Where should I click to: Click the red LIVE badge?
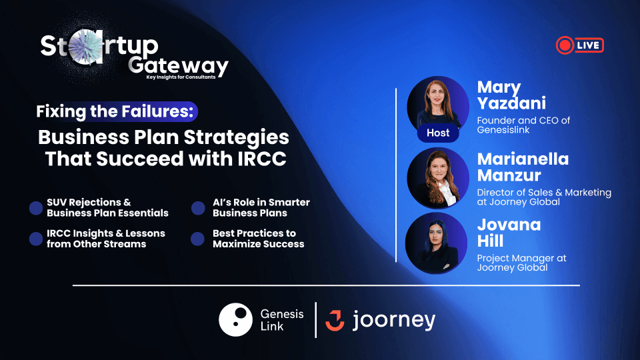[579, 45]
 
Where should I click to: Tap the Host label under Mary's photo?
[438, 133]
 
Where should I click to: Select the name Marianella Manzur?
[522, 167]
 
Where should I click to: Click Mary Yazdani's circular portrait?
[438, 103]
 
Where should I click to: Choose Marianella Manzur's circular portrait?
[438, 178]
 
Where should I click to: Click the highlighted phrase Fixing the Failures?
[117, 111]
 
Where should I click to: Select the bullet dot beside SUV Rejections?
[36, 208]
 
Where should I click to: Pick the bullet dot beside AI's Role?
[198, 208]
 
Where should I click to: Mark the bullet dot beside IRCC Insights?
[36, 239]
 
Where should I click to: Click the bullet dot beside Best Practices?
[198, 239]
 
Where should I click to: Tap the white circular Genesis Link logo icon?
[235, 320]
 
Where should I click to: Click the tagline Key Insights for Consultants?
[187, 77]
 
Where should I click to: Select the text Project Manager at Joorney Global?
[521, 263]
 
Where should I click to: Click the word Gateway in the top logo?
[179, 65]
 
